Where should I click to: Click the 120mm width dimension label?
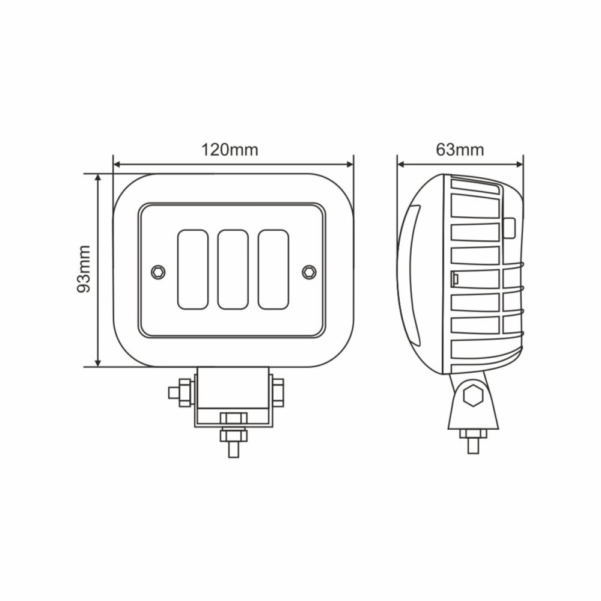tap(230, 150)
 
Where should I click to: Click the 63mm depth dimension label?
tap(460, 150)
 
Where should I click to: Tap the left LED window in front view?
tap(193, 269)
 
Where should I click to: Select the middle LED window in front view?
tap(233, 269)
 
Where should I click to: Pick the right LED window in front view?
tap(273, 269)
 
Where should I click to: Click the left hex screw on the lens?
tap(157, 271)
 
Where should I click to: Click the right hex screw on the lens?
tap(309, 271)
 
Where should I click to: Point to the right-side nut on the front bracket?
tap(278, 392)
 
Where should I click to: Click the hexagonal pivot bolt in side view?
tap(474, 396)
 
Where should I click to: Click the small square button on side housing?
tap(509, 228)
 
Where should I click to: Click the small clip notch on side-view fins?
tap(456, 279)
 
